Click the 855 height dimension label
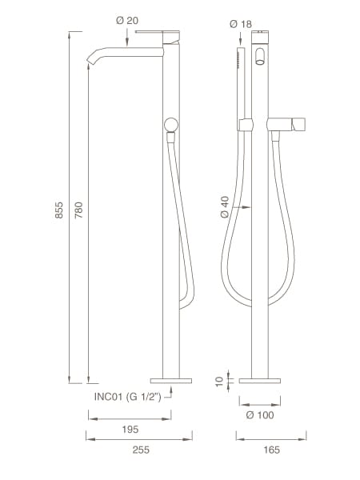pyautogui.click(x=59, y=211)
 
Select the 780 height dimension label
pyautogui.click(x=78, y=211)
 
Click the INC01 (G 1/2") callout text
pyautogui.click(x=129, y=394)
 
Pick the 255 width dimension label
pyautogui.click(x=139, y=450)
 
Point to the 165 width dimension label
pyautogui.click(x=270, y=450)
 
